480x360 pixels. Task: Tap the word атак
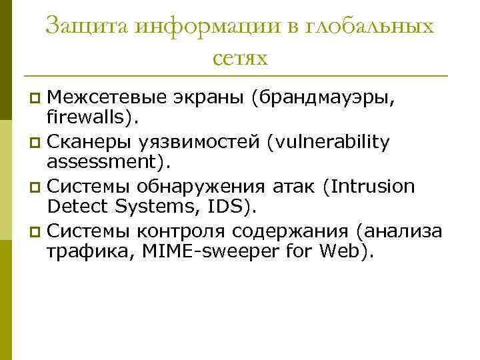pyautogui.click(x=291, y=186)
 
